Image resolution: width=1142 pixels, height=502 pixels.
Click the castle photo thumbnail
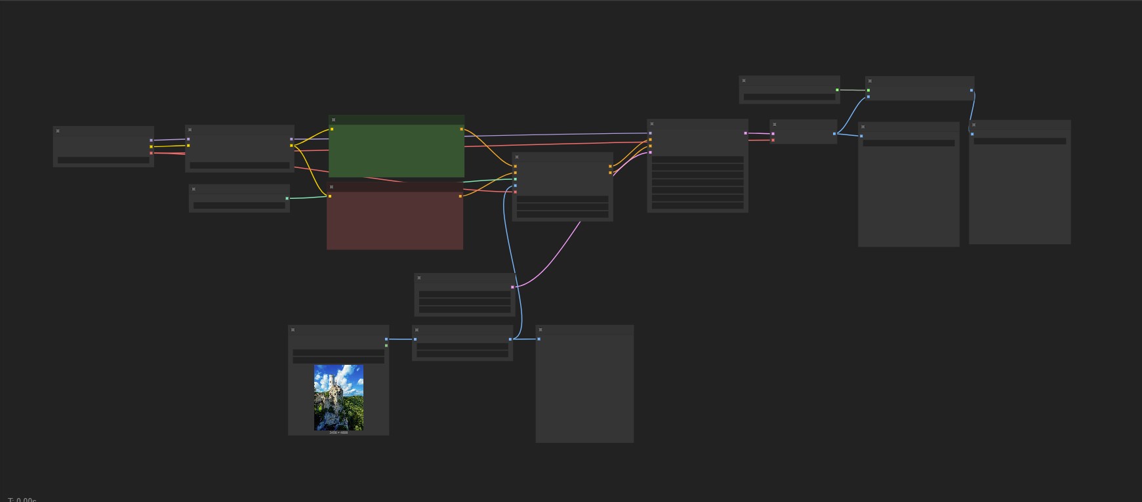338,398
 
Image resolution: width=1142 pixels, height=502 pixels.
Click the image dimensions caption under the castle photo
338,432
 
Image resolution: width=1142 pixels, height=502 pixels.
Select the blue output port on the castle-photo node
386,339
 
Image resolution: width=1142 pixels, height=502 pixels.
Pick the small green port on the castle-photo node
386,345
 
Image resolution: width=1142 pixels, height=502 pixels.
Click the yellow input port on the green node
332,129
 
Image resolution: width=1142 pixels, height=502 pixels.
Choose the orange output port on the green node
462,129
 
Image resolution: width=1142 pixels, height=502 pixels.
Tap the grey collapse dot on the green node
334,120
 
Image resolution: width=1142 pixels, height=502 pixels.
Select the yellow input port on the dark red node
330,196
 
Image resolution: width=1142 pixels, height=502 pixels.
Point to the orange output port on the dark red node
460,196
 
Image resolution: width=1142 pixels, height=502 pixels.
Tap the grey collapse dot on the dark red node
332,187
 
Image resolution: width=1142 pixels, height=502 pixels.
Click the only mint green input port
516,179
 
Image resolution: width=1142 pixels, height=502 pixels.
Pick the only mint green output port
287,198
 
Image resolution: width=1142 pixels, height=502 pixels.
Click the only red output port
151,153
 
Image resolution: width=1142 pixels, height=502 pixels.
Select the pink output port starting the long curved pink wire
512,287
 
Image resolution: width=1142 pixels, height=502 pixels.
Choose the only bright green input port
868,91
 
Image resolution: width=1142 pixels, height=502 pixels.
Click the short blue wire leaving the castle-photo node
401,339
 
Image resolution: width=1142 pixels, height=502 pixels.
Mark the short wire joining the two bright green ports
853,90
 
